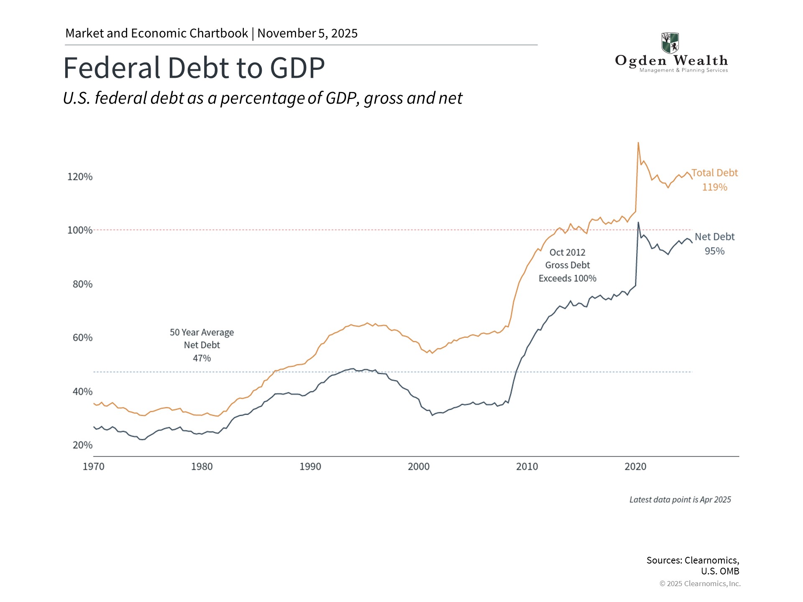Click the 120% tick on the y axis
tap(80, 177)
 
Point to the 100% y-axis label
tap(80, 230)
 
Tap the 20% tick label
tap(82, 445)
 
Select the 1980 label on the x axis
tap(202, 467)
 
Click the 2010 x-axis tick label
tap(527, 467)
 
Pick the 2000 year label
tap(419, 467)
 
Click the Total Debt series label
tap(714, 173)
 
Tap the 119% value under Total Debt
tap(714, 187)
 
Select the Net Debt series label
tap(714, 237)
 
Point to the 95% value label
tap(714, 251)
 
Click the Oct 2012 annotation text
tap(567, 253)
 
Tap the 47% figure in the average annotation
tap(202, 358)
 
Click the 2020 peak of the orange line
tap(638, 143)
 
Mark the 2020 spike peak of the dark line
tap(638, 223)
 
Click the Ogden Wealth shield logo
tap(670, 43)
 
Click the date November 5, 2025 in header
tap(307, 33)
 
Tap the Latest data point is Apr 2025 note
tap(680, 500)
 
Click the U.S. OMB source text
tap(720, 571)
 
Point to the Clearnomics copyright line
tap(700, 584)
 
